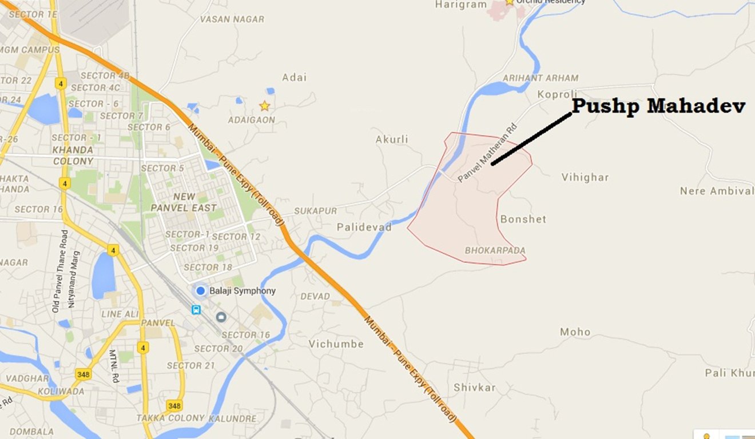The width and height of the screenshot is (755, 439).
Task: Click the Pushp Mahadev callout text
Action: coord(658,106)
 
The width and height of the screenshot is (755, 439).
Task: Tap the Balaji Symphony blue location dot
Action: coord(200,291)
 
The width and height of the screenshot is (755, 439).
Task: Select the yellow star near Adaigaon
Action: coord(264,106)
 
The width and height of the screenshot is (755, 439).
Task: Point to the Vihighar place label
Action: coord(585,177)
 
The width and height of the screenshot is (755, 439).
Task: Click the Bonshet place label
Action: coord(523,219)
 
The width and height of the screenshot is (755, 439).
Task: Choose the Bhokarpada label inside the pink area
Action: coord(495,250)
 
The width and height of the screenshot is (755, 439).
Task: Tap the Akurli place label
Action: coord(392,139)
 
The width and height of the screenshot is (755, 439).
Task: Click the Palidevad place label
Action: coord(364,227)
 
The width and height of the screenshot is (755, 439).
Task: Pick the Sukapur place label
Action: coord(315,211)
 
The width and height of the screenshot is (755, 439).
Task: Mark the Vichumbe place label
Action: coord(336,344)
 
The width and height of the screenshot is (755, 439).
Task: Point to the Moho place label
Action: coord(575,332)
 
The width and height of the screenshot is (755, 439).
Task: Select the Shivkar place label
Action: coord(474,387)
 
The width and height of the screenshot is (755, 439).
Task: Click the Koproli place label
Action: coord(557,94)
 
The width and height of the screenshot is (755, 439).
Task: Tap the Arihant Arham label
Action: coord(541,78)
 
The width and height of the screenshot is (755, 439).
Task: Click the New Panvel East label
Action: coord(183,202)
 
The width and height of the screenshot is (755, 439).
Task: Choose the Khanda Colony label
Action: coord(73,155)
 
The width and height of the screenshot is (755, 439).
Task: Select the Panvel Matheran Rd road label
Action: coord(487,153)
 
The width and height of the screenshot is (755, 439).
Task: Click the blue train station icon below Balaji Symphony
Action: coord(196,309)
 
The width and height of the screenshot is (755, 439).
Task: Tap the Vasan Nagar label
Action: coord(232,19)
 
